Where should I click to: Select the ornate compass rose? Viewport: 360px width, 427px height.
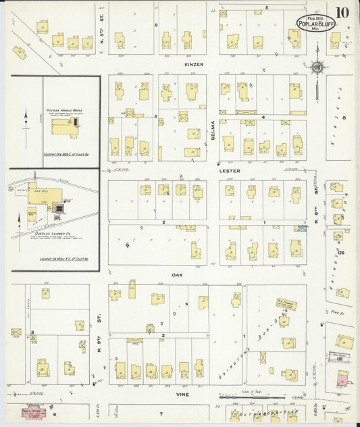(x=316, y=67)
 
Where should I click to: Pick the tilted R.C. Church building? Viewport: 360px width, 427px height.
(x=286, y=305)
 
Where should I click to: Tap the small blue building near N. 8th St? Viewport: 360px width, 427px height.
(x=301, y=229)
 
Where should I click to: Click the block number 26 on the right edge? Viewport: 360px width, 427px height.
(x=342, y=253)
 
